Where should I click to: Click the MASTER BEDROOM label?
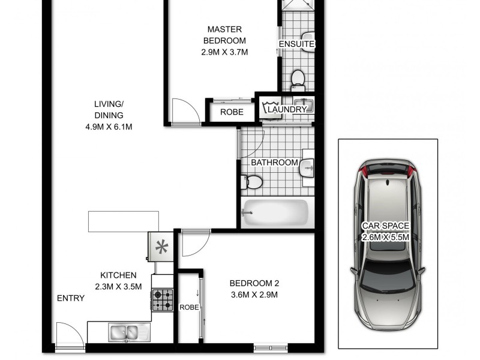click(x=225, y=35)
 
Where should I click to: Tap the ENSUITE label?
click(x=296, y=44)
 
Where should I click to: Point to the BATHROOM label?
click(x=274, y=163)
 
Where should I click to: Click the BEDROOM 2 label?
click(x=255, y=284)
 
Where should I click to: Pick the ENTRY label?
click(x=70, y=298)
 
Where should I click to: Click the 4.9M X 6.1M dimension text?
click(x=109, y=127)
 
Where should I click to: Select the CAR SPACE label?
click(x=385, y=226)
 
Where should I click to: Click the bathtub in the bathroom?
click(x=275, y=211)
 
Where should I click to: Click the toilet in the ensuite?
click(x=298, y=79)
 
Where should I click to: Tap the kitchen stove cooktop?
click(x=163, y=299)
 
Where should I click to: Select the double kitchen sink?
click(x=124, y=331)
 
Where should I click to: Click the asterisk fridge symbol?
click(x=161, y=247)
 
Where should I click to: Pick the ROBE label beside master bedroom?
click(x=232, y=112)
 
